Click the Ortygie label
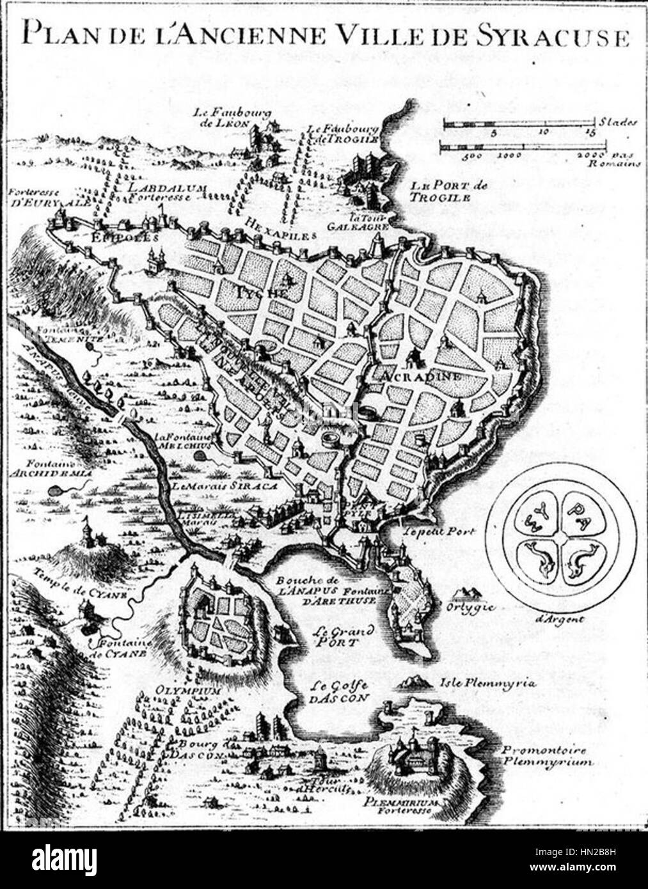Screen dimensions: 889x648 (472, 606)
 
